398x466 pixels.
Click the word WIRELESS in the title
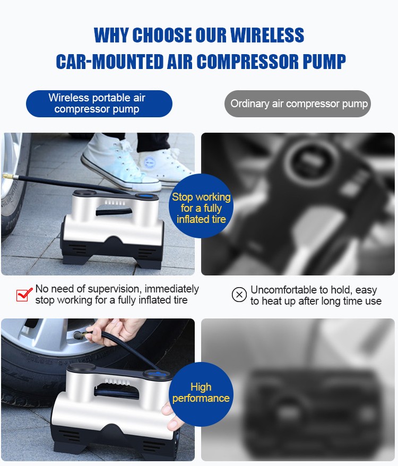point(267,35)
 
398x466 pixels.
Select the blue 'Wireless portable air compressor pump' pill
point(99,103)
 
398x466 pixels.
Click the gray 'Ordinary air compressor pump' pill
point(298,103)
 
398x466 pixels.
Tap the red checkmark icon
point(24,295)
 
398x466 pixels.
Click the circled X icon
point(239,295)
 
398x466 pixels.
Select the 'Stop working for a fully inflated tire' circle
point(201,206)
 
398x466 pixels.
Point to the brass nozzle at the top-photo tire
point(8,177)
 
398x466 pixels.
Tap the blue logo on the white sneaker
point(150,162)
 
